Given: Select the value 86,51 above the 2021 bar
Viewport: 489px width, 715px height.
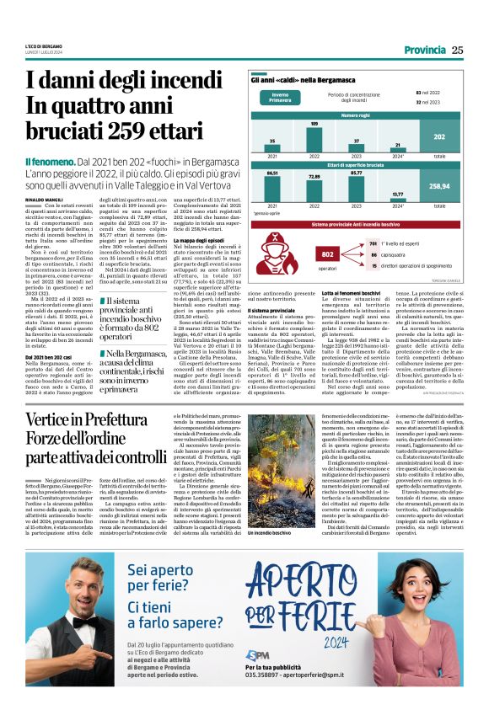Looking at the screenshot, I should tap(271, 172).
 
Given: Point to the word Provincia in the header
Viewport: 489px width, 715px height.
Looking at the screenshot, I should tap(424, 50).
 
